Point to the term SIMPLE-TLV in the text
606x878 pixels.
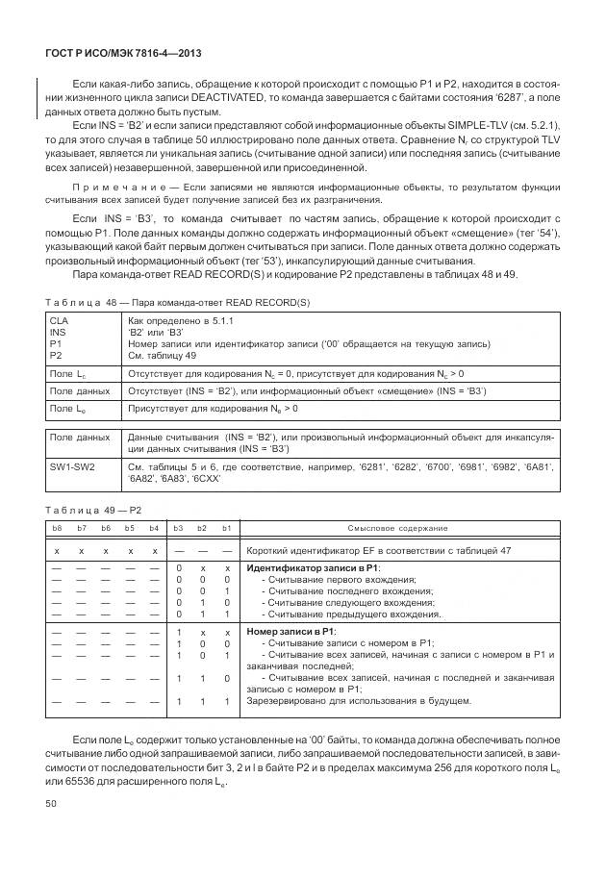tap(474, 126)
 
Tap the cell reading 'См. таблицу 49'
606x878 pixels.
tap(163, 355)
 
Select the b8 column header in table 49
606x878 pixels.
tap(57, 528)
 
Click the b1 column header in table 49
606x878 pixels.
tap(226, 528)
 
